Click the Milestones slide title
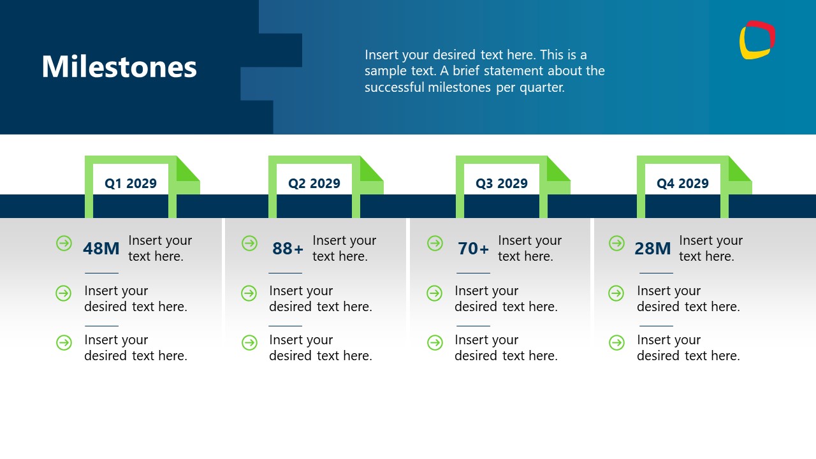click(119, 67)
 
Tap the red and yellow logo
click(757, 40)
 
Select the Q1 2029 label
click(131, 184)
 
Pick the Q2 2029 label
click(314, 184)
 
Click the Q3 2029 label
click(502, 184)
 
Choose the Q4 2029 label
click(683, 184)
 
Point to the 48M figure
click(101, 249)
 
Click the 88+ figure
click(288, 249)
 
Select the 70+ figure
click(474, 249)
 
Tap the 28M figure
click(653, 249)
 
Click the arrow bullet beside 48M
click(64, 243)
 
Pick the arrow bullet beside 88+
click(249, 243)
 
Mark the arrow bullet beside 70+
click(435, 243)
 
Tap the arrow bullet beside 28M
click(616, 243)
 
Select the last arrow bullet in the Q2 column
click(249, 342)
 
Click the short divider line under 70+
click(473, 273)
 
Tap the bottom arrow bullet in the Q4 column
click(616, 342)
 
